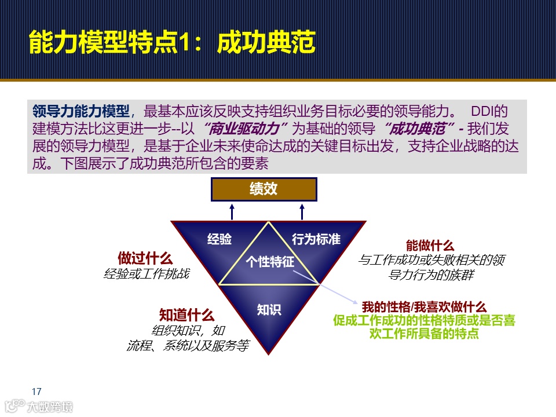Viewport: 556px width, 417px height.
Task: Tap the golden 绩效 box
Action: tap(264, 189)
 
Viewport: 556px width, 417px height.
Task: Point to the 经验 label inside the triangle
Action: tap(220, 239)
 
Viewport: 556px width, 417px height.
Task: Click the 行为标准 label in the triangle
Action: tap(316, 239)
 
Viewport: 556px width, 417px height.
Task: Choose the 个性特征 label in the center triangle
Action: tap(270, 262)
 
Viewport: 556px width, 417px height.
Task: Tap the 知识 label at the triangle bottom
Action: tap(269, 310)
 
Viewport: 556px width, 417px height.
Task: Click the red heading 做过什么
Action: tap(145, 258)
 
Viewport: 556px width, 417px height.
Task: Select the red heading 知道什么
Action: tap(186, 315)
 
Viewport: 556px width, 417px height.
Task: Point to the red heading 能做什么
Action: tap(430, 246)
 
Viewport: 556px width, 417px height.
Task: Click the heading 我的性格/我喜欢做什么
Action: tap(424, 307)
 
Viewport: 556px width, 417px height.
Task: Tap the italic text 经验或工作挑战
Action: tap(146, 273)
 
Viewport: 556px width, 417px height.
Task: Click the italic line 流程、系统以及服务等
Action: tap(187, 346)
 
